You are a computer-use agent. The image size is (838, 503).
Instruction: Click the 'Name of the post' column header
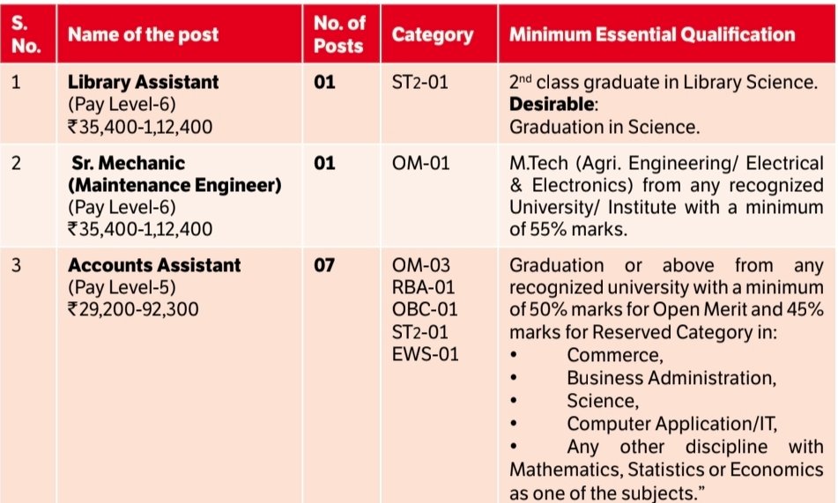click(x=143, y=36)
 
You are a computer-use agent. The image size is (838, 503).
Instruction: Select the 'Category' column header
click(x=432, y=36)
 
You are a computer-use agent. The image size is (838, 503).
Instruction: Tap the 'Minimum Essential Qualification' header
click(x=651, y=36)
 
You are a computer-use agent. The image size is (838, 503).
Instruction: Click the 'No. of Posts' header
click(x=338, y=36)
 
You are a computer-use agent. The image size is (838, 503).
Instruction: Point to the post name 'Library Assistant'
click(x=143, y=83)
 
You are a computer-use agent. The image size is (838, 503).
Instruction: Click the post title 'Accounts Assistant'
click(x=154, y=265)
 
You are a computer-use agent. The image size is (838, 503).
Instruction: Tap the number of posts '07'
click(x=324, y=265)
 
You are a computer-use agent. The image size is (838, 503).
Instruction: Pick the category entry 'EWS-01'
click(x=426, y=355)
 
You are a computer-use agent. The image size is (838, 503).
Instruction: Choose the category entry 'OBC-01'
click(x=426, y=310)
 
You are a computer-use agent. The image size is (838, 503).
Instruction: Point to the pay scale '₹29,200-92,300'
click(x=133, y=310)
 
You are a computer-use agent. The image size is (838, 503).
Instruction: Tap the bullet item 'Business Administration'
click(x=671, y=378)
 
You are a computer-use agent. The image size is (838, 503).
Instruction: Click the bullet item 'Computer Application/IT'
click(x=672, y=424)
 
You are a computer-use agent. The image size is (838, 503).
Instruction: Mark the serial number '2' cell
click(x=16, y=164)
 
